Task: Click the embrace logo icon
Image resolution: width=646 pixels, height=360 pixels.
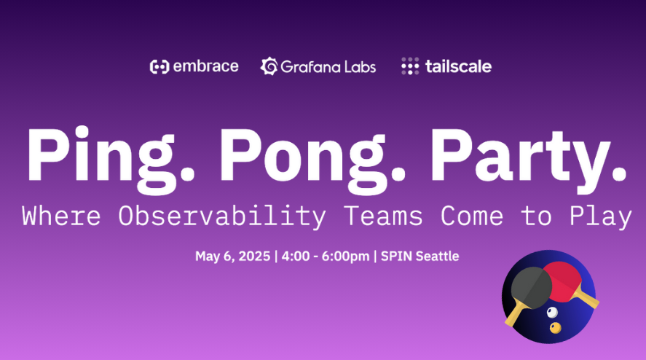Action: pyautogui.click(x=159, y=66)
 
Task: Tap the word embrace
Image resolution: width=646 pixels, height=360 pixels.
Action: pyautogui.click(x=205, y=66)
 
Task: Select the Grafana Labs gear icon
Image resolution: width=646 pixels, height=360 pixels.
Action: pyautogui.click(x=269, y=66)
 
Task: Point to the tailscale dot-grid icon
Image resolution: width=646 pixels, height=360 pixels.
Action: pyautogui.click(x=410, y=66)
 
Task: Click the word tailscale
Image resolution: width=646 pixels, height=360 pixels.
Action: pyautogui.click(x=458, y=66)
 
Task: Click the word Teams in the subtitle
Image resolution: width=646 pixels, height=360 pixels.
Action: pyautogui.click(x=383, y=216)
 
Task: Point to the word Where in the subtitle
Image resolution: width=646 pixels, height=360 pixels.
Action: pyautogui.click(x=61, y=215)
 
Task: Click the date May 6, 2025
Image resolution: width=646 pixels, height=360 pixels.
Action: pyautogui.click(x=233, y=256)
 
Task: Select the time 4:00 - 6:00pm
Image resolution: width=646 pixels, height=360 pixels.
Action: pyautogui.click(x=326, y=256)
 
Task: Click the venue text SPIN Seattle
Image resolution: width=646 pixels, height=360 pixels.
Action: pyautogui.click(x=419, y=256)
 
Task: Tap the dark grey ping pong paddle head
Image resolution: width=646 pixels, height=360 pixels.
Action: pyautogui.click(x=531, y=287)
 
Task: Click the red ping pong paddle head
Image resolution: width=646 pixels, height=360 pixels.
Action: pyautogui.click(x=565, y=281)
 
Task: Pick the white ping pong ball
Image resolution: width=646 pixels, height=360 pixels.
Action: pyautogui.click(x=552, y=312)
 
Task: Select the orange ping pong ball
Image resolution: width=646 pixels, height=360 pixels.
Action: pyautogui.click(x=556, y=328)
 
